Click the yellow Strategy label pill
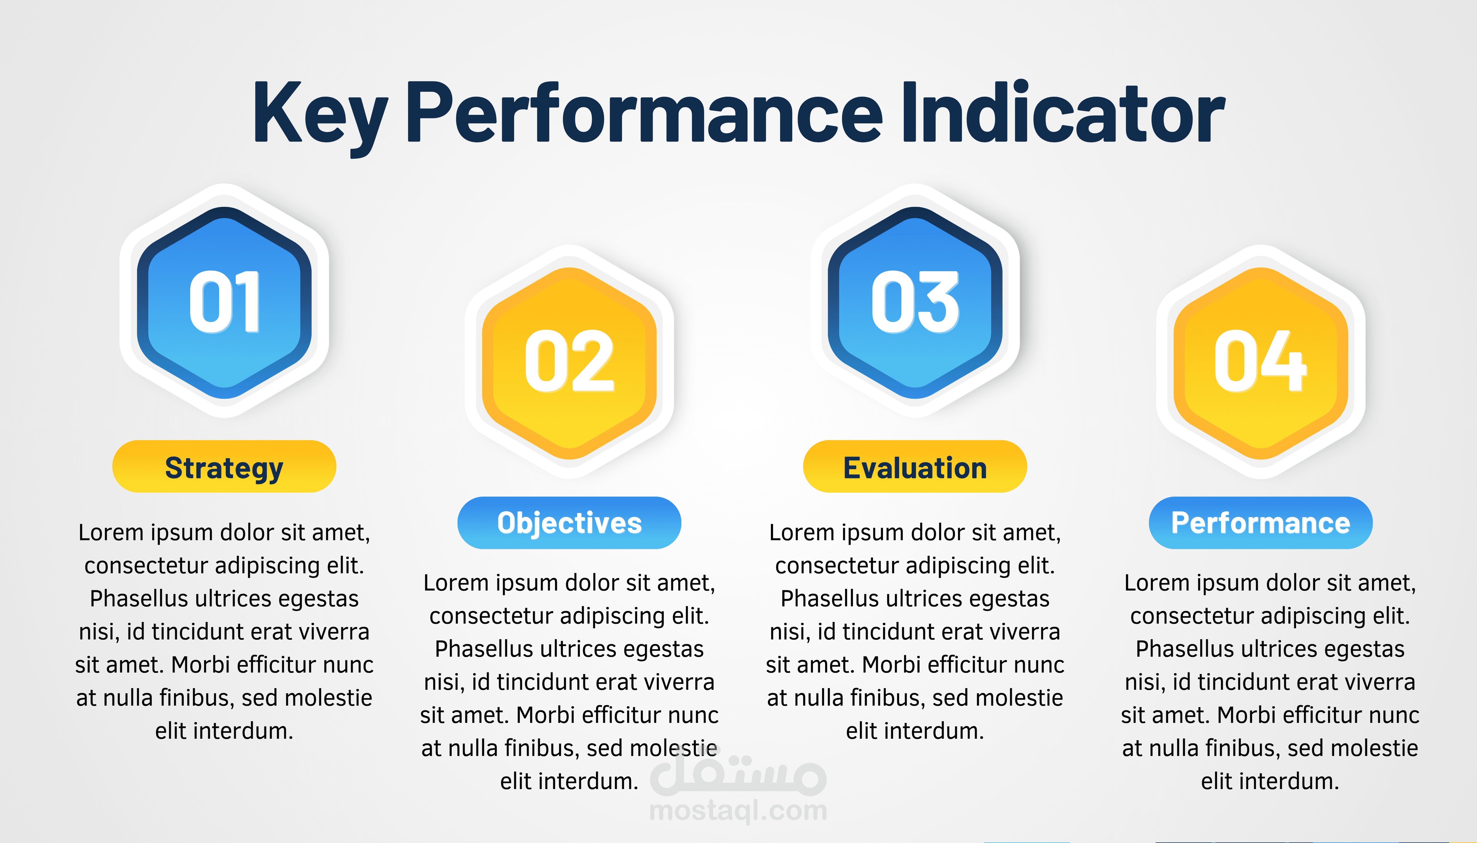(224, 467)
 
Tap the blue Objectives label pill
(570, 523)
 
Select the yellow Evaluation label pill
(915, 467)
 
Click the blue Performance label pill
(1261, 523)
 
